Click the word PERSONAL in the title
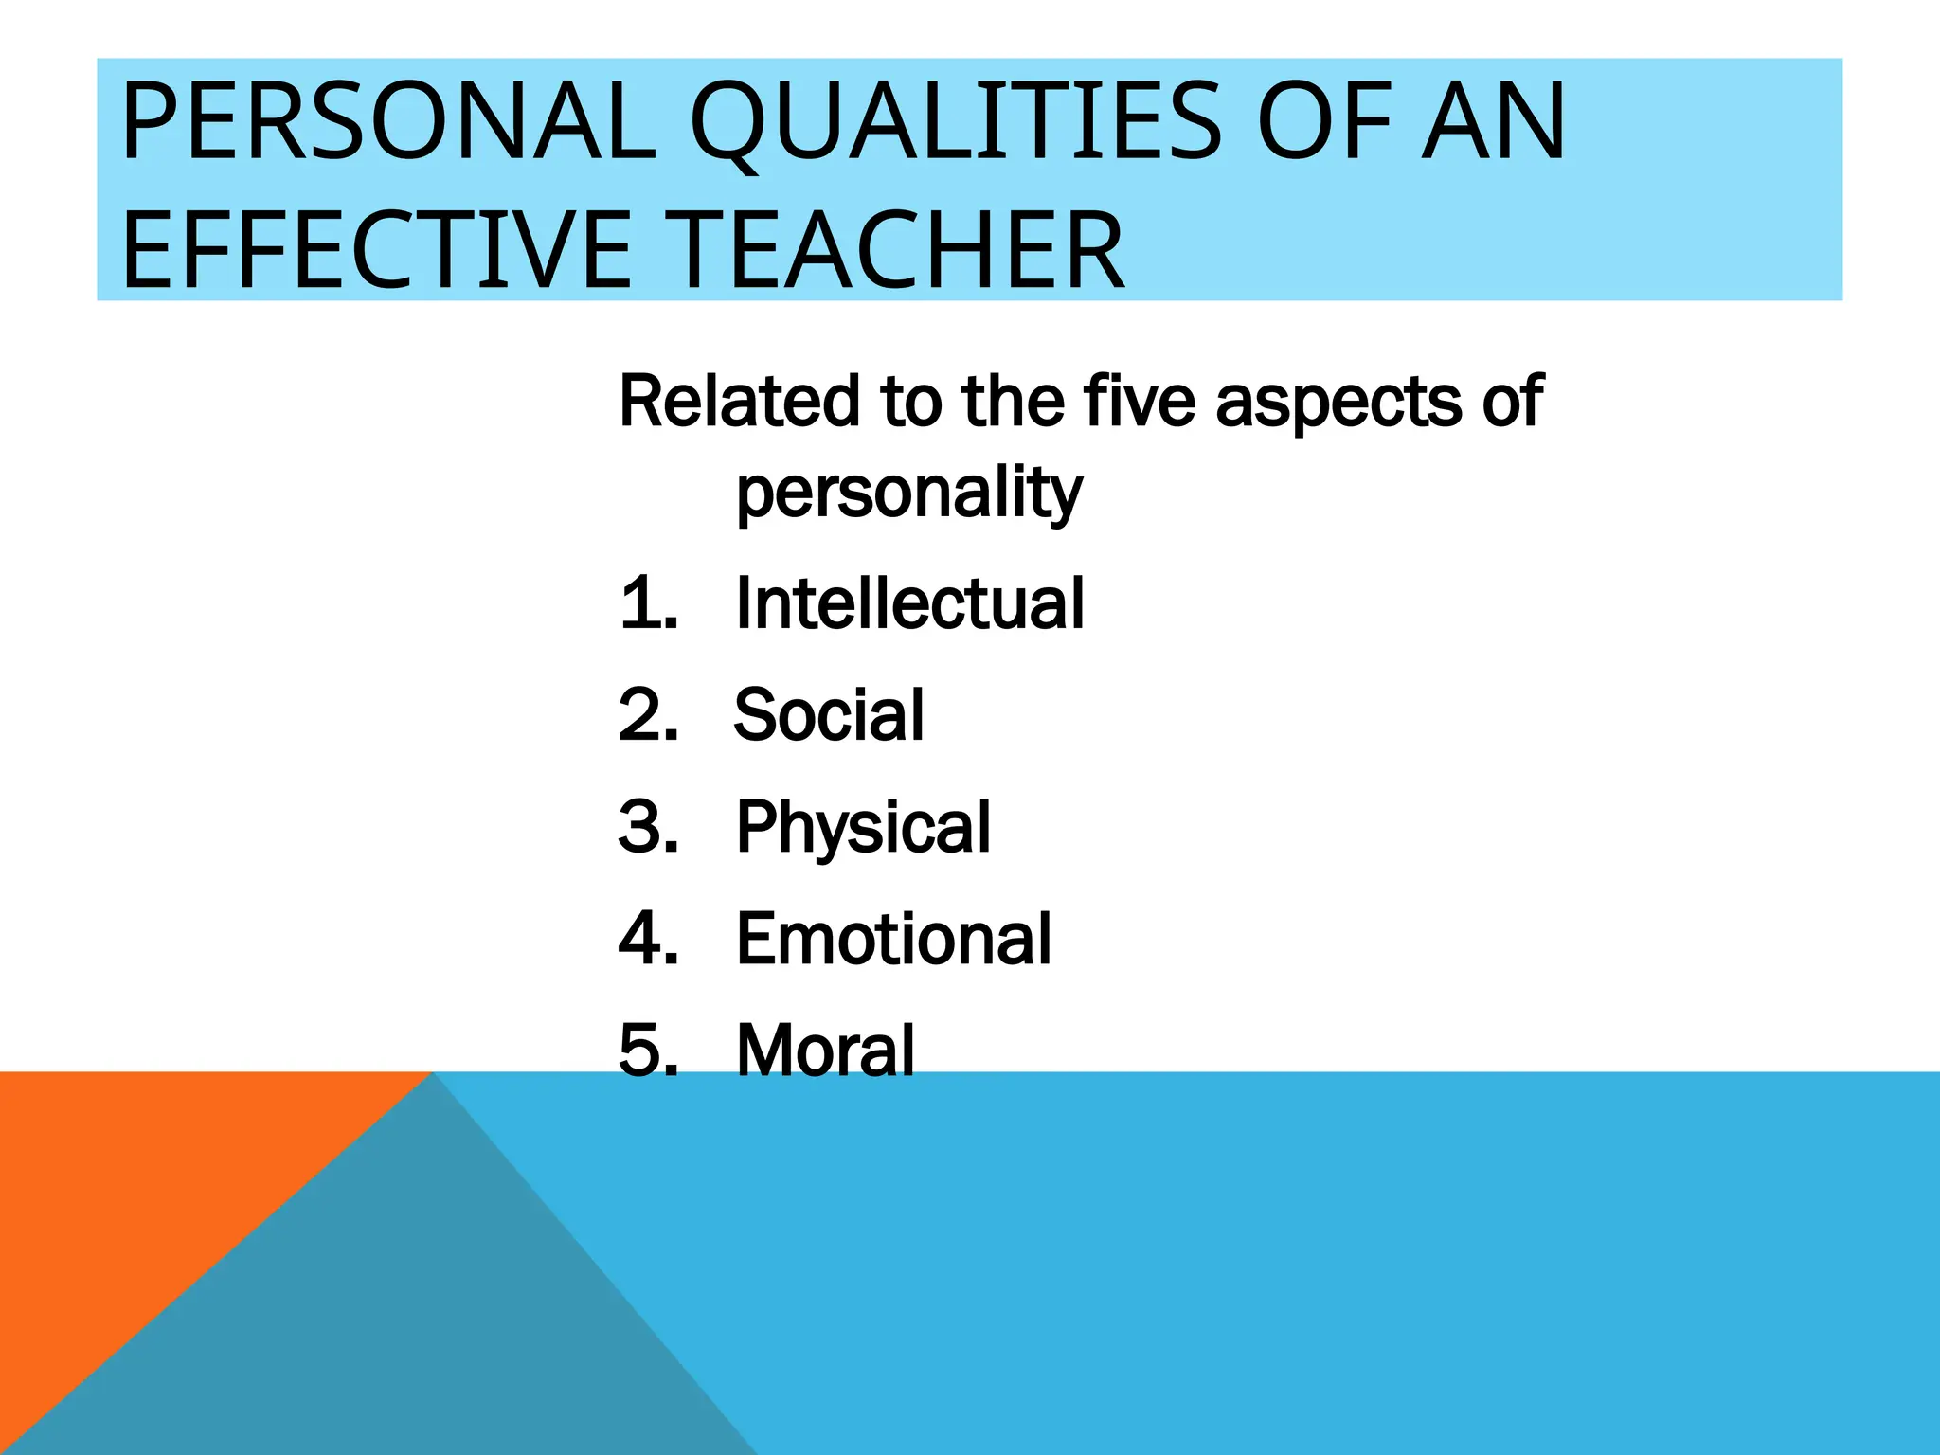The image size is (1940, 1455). pyautogui.click(x=388, y=123)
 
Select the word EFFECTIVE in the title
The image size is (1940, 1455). pyautogui.click(x=375, y=250)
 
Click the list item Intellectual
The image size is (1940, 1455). pyautogui.click(x=909, y=603)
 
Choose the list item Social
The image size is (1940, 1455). pyautogui.click(x=829, y=715)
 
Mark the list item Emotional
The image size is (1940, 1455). pyautogui.click(x=893, y=940)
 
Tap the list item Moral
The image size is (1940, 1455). pyautogui.click(x=825, y=1051)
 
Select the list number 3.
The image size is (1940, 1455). pyautogui.click(x=648, y=827)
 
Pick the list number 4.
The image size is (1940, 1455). pyautogui.click(x=648, y=940)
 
